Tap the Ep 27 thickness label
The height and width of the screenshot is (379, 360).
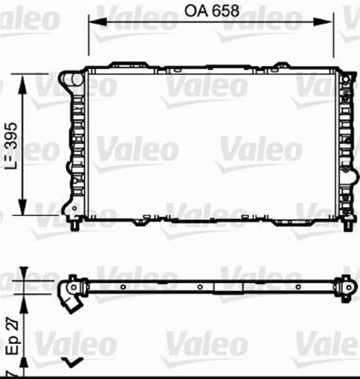(x=12, y=335)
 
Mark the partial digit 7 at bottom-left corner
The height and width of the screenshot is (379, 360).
(x=3, y=373)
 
